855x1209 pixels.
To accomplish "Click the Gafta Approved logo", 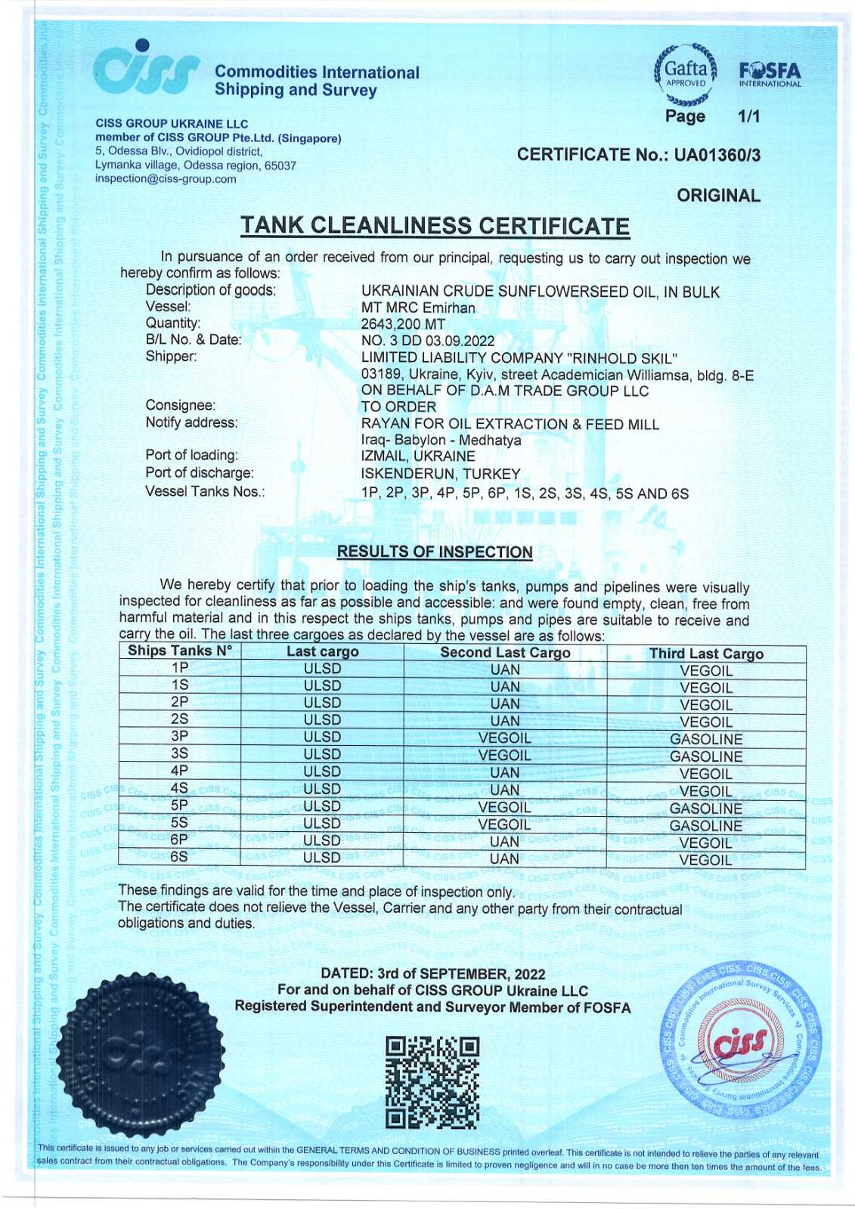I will coord(685,75).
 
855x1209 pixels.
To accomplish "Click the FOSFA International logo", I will coord(770,75).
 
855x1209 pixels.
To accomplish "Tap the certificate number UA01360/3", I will coord(717,156).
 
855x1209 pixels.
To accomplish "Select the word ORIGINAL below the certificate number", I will coord(718,196).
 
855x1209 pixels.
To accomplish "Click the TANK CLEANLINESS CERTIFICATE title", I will coord(435,226).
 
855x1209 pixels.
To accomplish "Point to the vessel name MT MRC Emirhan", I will coord(418,308).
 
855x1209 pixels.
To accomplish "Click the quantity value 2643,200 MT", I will coord(403,324).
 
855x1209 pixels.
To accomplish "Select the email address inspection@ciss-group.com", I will coord(166,179).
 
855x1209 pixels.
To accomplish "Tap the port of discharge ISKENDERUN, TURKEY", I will coord(441,474).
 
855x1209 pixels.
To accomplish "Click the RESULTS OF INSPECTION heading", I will coord(435,552).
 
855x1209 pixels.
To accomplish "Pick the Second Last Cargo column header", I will coord(505,653).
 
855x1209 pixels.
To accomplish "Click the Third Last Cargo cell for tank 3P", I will coord(706,739).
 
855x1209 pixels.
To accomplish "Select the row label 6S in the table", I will coord(179,857).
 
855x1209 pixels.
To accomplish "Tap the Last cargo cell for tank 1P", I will coord(322,669).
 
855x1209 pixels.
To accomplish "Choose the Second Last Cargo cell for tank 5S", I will coord(505,824).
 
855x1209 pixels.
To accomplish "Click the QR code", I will coord(432,1082).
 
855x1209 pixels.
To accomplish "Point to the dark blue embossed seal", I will coord(141,1053).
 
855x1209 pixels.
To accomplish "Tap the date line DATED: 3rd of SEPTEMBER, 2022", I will coord(433,974).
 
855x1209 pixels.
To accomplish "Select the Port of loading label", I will coord(191,455).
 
